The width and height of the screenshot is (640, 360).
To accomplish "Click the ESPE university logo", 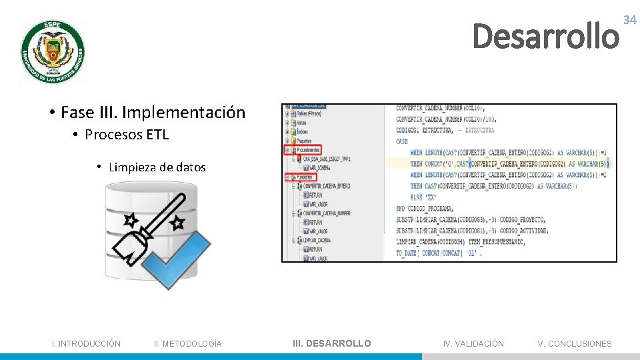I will (x=53, y=52).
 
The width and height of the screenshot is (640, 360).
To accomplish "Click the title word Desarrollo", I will (x=545, y=37).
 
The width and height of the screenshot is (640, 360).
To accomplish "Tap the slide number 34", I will (x=629, y=21).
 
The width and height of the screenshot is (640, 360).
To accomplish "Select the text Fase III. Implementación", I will (x=153, y=112).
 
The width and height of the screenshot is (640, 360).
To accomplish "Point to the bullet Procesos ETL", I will (x=127, y=135).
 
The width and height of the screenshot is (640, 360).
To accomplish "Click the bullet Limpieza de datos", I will (x=157, y=167).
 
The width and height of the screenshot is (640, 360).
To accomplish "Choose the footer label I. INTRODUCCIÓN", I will (x=87, y=344).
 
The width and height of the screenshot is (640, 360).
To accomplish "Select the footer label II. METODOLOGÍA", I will (x=188, y=344).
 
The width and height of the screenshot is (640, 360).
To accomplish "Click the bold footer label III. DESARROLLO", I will (x=332, y=344).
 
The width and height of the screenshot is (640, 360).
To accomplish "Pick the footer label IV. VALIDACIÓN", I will (x=473, y=344).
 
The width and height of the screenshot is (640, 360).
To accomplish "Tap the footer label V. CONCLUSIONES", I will (x=575, y=344).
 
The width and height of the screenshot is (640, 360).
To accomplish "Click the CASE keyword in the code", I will (x=402, y=141).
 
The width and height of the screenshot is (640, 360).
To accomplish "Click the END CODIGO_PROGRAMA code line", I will (x=424, y=209).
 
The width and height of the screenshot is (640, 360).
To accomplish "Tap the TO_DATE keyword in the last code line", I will (x=406, y=253).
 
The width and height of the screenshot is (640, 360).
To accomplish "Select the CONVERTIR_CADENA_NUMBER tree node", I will (x=326, y=213).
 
